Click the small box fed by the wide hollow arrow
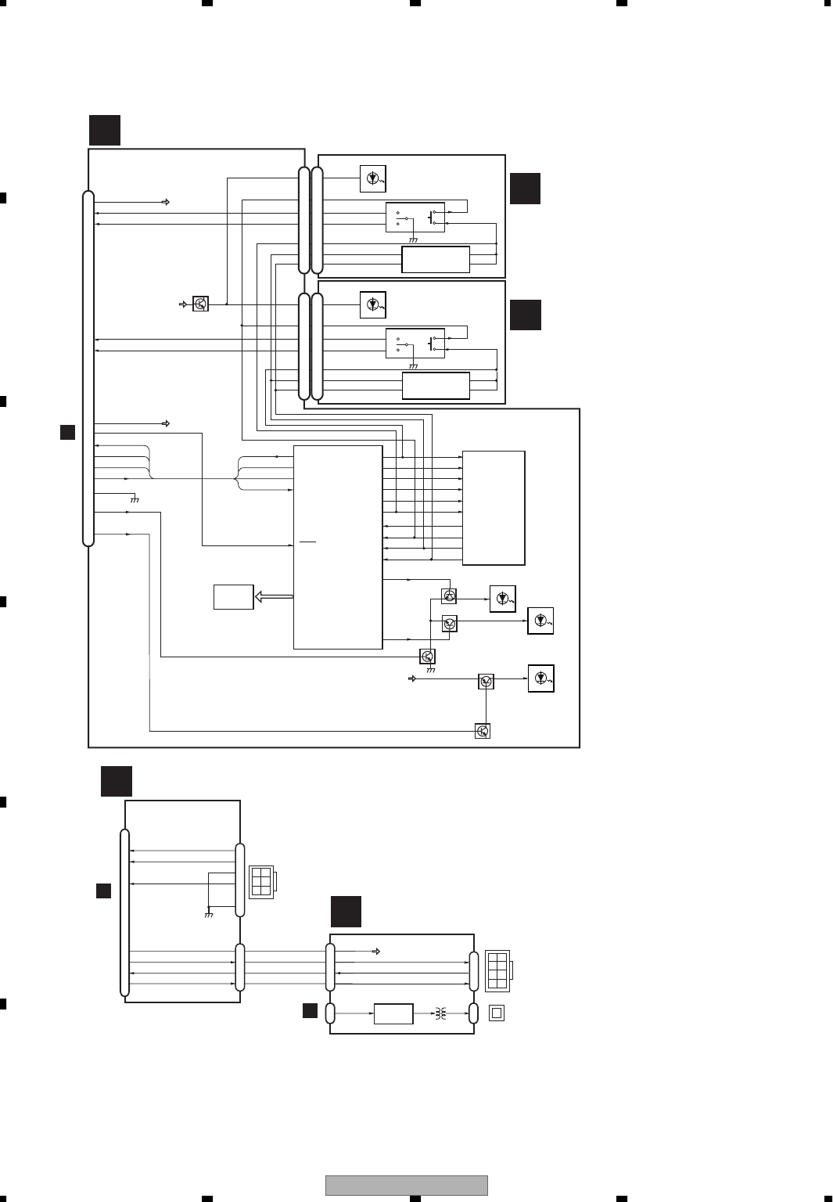point(233,596)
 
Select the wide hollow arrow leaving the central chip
point(273,597)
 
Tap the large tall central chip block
point(338,547)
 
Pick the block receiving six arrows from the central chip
point(494,507)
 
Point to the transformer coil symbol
point(440,1013)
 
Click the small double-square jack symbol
point(496,1013)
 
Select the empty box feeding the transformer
point(393,1013)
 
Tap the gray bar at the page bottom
point(406,1185)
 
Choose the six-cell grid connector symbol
point(261,881)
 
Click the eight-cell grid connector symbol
point(497,970)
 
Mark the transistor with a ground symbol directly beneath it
point(427,656)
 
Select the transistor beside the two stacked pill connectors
point(200,304)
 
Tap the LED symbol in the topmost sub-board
point(373,179)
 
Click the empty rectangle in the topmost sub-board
point(436,260)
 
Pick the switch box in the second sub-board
point(415,344)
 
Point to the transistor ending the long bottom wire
point(483,731)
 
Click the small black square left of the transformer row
point(310,1010)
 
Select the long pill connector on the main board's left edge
point(88,368)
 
